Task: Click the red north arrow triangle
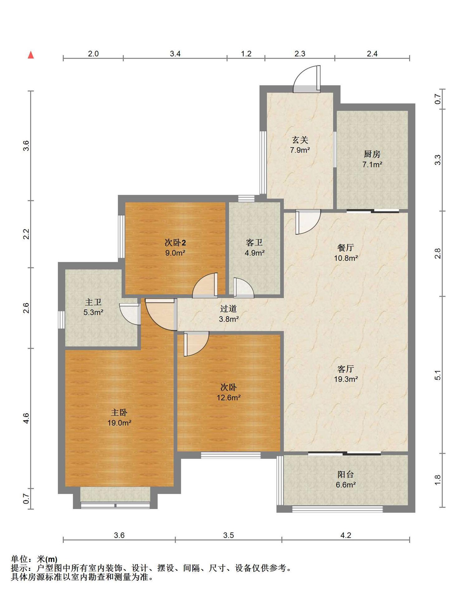pyautogui.click(x=31, y=55)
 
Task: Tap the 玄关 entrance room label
pyautogui.click(x=300, y=140)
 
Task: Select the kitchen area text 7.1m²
pyautogui.click(x=372, y=164)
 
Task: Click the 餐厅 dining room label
pyautogui.click(x=346, y=248)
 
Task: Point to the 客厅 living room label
pyautogui.click(x=346, y=369)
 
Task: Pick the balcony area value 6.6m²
pyautogui.click(x=346, y=485)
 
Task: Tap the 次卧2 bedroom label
pyautogui.click(x=175, y=242)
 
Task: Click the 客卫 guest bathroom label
pyautogui.click(x=254, y=242)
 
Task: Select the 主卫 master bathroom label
pyautogui.click(x=93, y=302)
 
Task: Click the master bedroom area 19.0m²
pyautogui.click(x=119, y=423)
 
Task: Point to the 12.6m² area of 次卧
pyautogui.click(x=229, y=397)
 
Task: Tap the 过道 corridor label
pyautogui.click(x=229, y=308)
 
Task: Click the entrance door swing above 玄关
pyautogui.click(x=307, y=79)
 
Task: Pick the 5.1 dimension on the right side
pyautogui.click(x=438, y=375)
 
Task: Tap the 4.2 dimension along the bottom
pyautogui.click(x=346, y=535)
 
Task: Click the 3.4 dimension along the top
pyautogui.click(x=175, y=54)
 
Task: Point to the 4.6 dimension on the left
pyautogui.click(x=26, y=418)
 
